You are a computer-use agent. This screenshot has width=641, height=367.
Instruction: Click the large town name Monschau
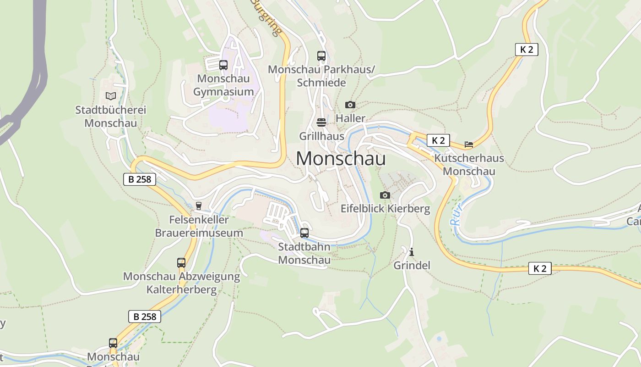tap(341, 159)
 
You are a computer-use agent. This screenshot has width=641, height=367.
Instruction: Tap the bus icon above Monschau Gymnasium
tap(223, 65)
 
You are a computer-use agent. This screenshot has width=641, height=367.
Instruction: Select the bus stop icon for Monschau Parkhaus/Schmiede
tap(321, 56)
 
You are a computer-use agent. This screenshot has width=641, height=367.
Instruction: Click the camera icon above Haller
tap(350, 105)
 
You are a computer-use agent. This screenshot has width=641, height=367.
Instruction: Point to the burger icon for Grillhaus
tap(321, 122)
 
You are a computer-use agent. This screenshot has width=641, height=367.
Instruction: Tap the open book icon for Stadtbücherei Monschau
tap(110, 96)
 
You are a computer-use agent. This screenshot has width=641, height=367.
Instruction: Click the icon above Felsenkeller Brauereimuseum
tap(199, 206)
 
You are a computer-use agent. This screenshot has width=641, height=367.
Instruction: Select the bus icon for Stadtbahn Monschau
tap(304, 233)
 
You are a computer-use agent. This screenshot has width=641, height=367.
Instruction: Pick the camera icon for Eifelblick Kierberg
tap(385, 195)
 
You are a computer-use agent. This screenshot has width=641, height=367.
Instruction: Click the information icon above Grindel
tap(412, 252)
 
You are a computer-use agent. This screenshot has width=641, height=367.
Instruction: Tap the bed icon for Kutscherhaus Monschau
tap(469, 144)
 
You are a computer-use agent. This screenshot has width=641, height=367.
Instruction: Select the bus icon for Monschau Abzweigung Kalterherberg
tap(181, 263)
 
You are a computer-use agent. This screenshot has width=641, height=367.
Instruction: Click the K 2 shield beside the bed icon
tap(438, 140)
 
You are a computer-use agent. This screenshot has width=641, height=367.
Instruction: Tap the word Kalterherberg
tap(181, 289)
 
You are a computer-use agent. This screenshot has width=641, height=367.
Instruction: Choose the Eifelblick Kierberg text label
tap(385, 209)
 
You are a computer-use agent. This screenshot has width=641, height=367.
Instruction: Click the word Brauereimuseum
tap(199, 233)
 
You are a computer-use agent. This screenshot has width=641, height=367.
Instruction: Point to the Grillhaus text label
tap(321, 136)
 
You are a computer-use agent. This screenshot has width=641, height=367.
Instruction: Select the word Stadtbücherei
tap(110, 110)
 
